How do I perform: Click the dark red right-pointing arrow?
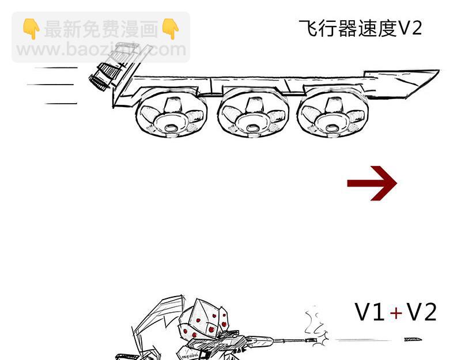(372, 183)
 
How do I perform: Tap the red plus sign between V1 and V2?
(396, 313)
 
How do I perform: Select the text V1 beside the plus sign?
(369, 312)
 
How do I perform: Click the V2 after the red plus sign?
(421, 312)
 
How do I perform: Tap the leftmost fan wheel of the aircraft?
(171, 113)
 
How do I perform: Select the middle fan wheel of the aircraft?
(253, 113)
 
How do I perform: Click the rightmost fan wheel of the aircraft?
(333, 113)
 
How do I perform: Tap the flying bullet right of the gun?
(413, 340)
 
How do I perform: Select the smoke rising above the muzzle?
(314, 320)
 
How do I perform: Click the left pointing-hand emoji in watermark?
(31, 28)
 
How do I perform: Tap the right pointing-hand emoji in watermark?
(171, 28)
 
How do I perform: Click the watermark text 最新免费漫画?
(101, 29)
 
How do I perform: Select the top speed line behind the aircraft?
(56, 67)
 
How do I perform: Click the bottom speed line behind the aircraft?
(61, 104)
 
